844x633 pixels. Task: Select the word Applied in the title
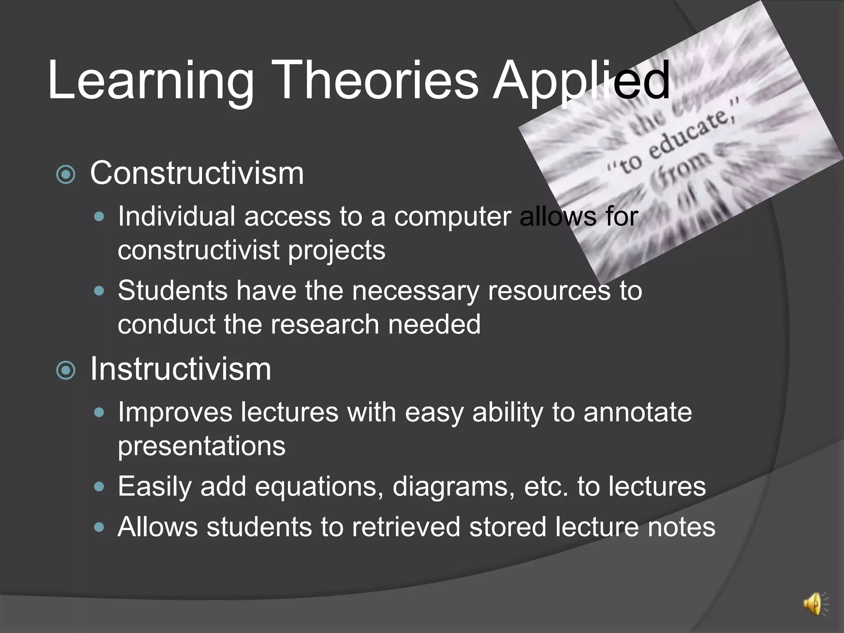(581, 80)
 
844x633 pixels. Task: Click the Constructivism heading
(197, 173)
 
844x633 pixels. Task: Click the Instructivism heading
(181, 369)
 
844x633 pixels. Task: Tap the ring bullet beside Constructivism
(66, 175)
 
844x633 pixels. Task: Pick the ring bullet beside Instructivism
(66, 370)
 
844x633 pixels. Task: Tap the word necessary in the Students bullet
(415, 291)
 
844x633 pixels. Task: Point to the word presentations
(202, 446)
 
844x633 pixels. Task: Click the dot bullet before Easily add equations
(99, 487)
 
